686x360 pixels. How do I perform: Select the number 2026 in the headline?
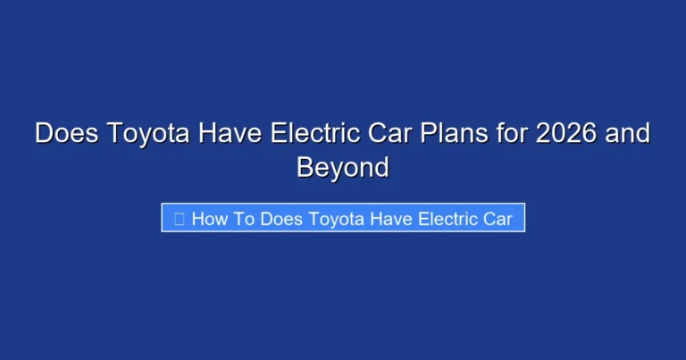[x=548, y=134]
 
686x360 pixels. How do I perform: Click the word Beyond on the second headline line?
[x=343, y=167]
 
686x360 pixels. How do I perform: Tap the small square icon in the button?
[x=179, y=219]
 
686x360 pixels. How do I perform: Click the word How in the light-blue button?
[x=210, y=219]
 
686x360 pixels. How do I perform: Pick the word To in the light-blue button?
[x=245, y=219]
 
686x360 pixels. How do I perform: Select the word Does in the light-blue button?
[x=281, y=219]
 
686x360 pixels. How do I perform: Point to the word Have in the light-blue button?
[x=390, y=219]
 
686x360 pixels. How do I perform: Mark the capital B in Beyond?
[x=305, y=167]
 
